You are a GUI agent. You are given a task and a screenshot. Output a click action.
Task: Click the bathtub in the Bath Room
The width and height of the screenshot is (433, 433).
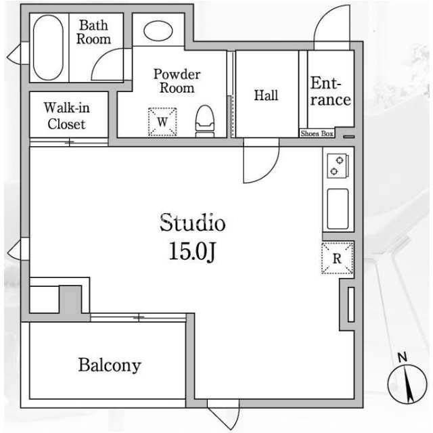pos(48,47)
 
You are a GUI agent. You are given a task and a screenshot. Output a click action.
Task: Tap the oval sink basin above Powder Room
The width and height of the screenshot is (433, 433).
pos(158,30)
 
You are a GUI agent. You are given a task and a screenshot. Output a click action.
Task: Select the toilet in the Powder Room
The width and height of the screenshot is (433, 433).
pos(204,121)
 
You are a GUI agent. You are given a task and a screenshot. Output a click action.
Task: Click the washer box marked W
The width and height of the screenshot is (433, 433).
pos(162,122)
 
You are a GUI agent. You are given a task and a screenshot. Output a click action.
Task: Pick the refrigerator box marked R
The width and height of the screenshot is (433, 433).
pos(337,258)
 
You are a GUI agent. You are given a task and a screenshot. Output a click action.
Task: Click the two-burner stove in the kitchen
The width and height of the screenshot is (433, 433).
pos(338,165)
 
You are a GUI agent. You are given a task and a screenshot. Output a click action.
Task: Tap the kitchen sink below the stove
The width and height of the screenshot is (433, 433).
pos(338,209)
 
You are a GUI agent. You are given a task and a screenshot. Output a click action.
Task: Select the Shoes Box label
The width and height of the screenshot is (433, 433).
pos(317,134)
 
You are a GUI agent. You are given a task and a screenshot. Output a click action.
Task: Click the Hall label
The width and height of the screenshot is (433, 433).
pos(266,95)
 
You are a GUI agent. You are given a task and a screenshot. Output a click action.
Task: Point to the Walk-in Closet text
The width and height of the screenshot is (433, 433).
pos(66,116)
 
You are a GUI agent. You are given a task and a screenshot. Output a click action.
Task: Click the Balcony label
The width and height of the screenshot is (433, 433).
pos(110,365)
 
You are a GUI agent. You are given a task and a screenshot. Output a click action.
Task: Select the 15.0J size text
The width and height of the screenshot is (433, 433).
pos(192,251)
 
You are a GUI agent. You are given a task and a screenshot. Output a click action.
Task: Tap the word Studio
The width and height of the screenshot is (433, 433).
pos(192,223)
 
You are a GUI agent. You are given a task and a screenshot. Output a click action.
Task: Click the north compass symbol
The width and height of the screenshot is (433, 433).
pos(407,384)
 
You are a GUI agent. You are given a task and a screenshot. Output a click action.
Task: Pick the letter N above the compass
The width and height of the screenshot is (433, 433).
pos(403,357)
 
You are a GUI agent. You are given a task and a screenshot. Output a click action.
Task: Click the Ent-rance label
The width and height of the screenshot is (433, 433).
pos(331,91)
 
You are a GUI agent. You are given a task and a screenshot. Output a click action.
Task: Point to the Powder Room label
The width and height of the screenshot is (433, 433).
pos(177,81)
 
